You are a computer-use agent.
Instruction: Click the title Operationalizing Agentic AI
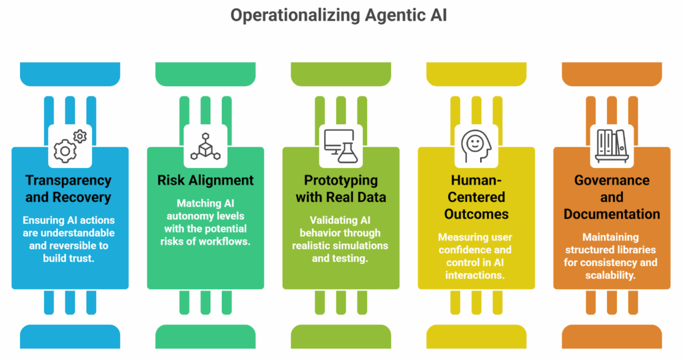[338, 15]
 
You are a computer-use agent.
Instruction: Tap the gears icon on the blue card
[69, 146]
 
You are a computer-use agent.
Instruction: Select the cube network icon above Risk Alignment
[205, 146]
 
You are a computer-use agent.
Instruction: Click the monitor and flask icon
[341, 146]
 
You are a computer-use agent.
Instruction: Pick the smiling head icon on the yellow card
[476, 146]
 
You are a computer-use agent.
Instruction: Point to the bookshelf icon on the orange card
[612, 146]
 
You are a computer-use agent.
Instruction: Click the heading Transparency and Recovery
[69, 189]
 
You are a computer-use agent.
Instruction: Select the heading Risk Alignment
[205, 180]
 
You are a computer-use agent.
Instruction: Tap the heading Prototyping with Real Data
[341, 189]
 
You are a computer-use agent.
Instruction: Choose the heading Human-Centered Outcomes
[476, 197]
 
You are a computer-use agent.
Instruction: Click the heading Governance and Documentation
[612, 197]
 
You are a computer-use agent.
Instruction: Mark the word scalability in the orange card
[612, 275]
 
